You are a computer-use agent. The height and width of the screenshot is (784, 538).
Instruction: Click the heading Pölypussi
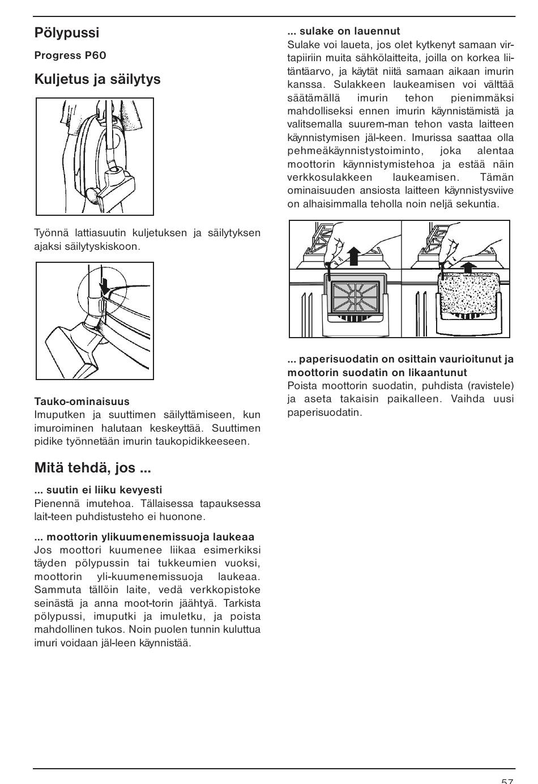click(x=67, y=33)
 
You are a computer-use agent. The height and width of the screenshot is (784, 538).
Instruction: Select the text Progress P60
click(x=70, y=56)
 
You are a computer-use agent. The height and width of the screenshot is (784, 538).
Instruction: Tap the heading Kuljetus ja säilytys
click(x=97, y=79)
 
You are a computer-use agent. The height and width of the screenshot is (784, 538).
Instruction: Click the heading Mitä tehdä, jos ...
click(x=92, y=468)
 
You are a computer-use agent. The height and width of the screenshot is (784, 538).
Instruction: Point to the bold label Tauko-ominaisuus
click(x=82, y=402)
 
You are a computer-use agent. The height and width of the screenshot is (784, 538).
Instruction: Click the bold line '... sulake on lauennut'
click(x=344, y=31)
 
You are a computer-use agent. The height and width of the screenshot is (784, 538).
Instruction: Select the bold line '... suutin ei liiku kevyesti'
click(x=98, y=490)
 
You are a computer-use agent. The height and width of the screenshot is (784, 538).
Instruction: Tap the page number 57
click(x=507, y=780)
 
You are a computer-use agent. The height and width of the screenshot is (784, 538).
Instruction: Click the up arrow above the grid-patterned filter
click(x=354, y=256)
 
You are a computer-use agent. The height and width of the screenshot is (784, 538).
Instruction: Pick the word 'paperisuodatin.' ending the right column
click(x=324, y=412)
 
